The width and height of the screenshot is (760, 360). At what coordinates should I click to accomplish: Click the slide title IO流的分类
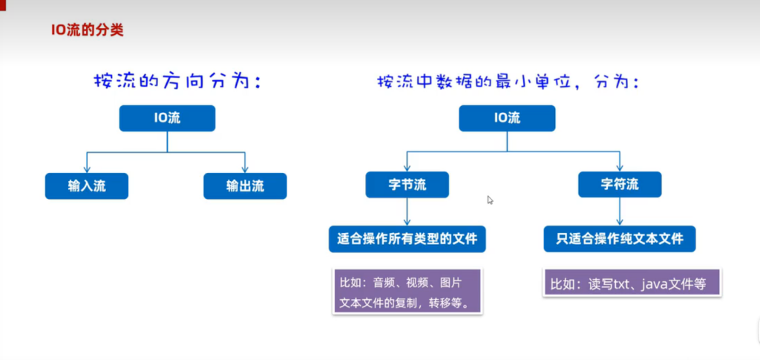click(87, 31)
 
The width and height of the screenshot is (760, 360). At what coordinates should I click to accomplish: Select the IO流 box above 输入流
click(167, 118)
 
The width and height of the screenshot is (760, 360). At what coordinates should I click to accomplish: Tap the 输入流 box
click(87, 186)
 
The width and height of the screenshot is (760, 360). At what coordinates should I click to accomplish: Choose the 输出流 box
click(245, 186)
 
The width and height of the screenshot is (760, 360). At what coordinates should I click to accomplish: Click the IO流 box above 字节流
click(506, 118)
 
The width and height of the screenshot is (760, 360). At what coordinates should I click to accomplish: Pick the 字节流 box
click(407, 185)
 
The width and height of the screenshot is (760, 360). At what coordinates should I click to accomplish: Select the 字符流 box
click(619, 185)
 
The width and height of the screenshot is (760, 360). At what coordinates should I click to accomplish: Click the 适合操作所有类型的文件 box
click(407, 239)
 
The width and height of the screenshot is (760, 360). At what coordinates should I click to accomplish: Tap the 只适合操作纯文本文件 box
click(619, 239)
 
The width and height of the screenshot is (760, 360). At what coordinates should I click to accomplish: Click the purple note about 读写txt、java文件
click(632, 284)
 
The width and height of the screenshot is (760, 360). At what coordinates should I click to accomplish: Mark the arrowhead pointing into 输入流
click(87, 169)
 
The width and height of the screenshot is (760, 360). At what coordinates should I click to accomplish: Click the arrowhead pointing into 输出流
click(245, 169)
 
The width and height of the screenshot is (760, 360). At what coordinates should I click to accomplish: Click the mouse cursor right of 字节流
click(490, 200)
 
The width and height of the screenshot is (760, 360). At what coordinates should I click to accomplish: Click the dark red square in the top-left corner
click(4, 4)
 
